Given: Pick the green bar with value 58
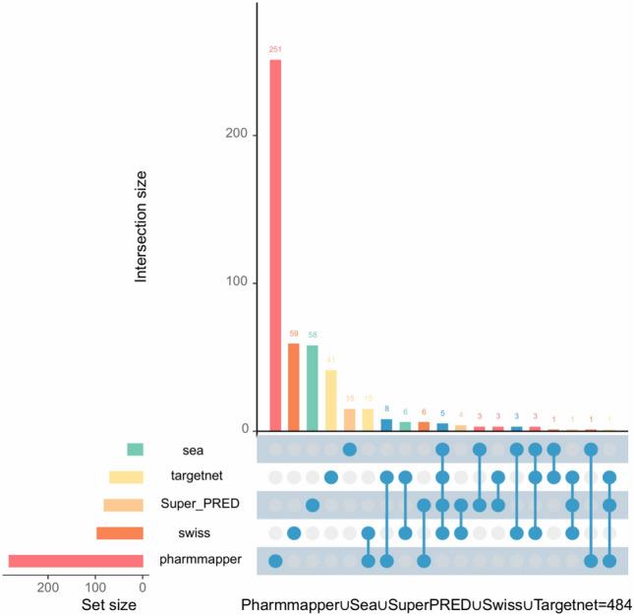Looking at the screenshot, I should pos(312,388).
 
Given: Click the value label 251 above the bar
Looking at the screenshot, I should pos(275,48).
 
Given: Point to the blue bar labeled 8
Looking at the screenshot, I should pos(386,425).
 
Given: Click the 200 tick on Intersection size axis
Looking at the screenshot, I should pos(236,134).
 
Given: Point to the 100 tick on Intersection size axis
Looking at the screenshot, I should pos(236,282).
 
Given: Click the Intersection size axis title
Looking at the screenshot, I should pos(142,225).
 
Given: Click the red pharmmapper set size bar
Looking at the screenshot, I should pos(76,561).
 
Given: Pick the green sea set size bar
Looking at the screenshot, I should pos(135,450).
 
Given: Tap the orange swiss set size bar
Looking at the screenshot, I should pos(119,532).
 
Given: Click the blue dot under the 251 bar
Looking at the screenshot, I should pos(275,561).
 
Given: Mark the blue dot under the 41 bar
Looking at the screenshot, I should pos(331,477).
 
